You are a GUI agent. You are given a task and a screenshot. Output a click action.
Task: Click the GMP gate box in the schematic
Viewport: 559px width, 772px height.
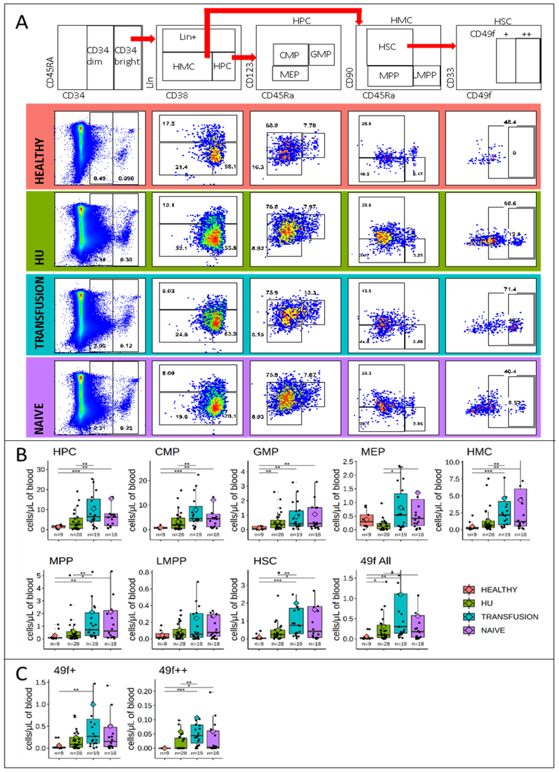pos(321,54)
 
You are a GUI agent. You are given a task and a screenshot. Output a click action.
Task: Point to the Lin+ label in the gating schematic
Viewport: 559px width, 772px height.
pos(188,37)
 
